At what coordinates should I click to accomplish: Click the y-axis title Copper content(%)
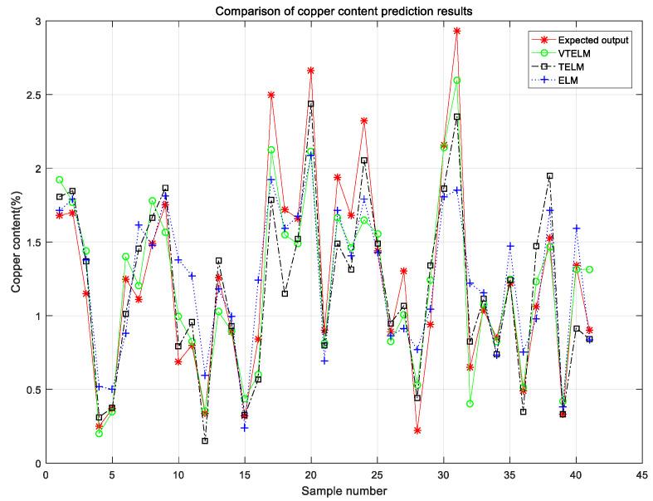(x=16, y=242)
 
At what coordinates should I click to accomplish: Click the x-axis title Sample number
(x=344, y=491)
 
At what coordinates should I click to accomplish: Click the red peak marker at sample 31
(x=456, y=31)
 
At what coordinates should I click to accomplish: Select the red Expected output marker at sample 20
(x=310, y=71)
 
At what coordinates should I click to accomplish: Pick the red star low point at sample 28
(x=417, y=430)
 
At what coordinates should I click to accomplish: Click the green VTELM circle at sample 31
(x=456, y=81)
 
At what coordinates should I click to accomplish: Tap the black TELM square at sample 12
(x=204, y=440)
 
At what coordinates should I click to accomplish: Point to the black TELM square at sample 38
(x=549, y=176)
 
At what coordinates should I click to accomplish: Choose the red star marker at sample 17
(x=270, y=96)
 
